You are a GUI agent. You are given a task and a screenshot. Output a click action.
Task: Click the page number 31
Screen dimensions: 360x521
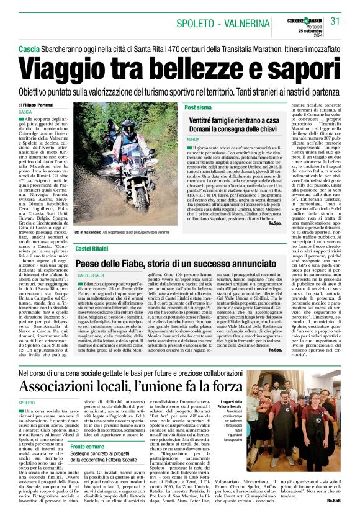pyautogui.click(x=336, y=21)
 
